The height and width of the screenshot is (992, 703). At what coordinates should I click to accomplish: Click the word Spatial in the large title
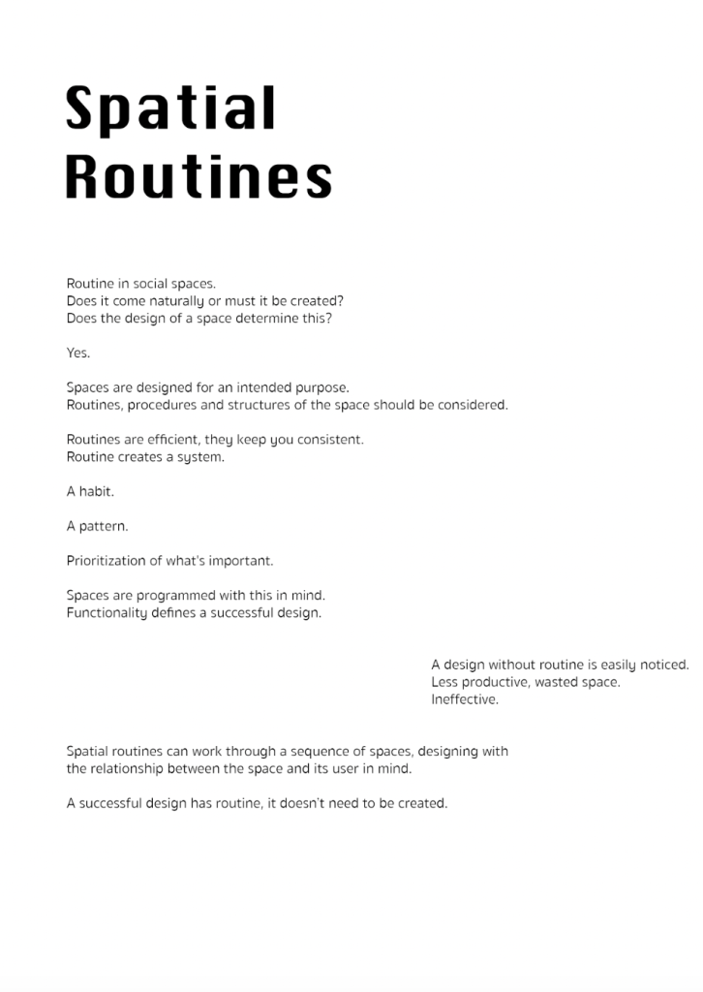pyautogui.click(x=170, y=108)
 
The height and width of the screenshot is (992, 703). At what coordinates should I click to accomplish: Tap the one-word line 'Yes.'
pyautogui.click(x=78, y=353)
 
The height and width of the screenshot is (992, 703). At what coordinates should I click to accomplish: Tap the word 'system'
pyautogui.click(x=201, y=457)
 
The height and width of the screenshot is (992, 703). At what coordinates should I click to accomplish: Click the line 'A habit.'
pyautogui.click(x=90, y=491)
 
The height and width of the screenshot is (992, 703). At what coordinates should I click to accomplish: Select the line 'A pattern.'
pyautogui.click(x=97, y=526)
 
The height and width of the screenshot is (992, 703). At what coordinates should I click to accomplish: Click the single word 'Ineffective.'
pyautogui.click(x=465, y=699)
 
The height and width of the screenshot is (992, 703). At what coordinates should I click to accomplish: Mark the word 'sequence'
pyautogui.click(x=314, y=751)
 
